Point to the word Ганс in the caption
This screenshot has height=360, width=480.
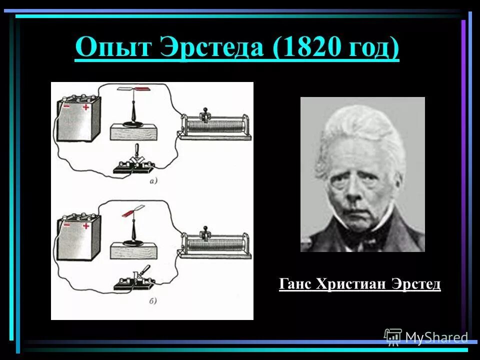coord(295,284)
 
